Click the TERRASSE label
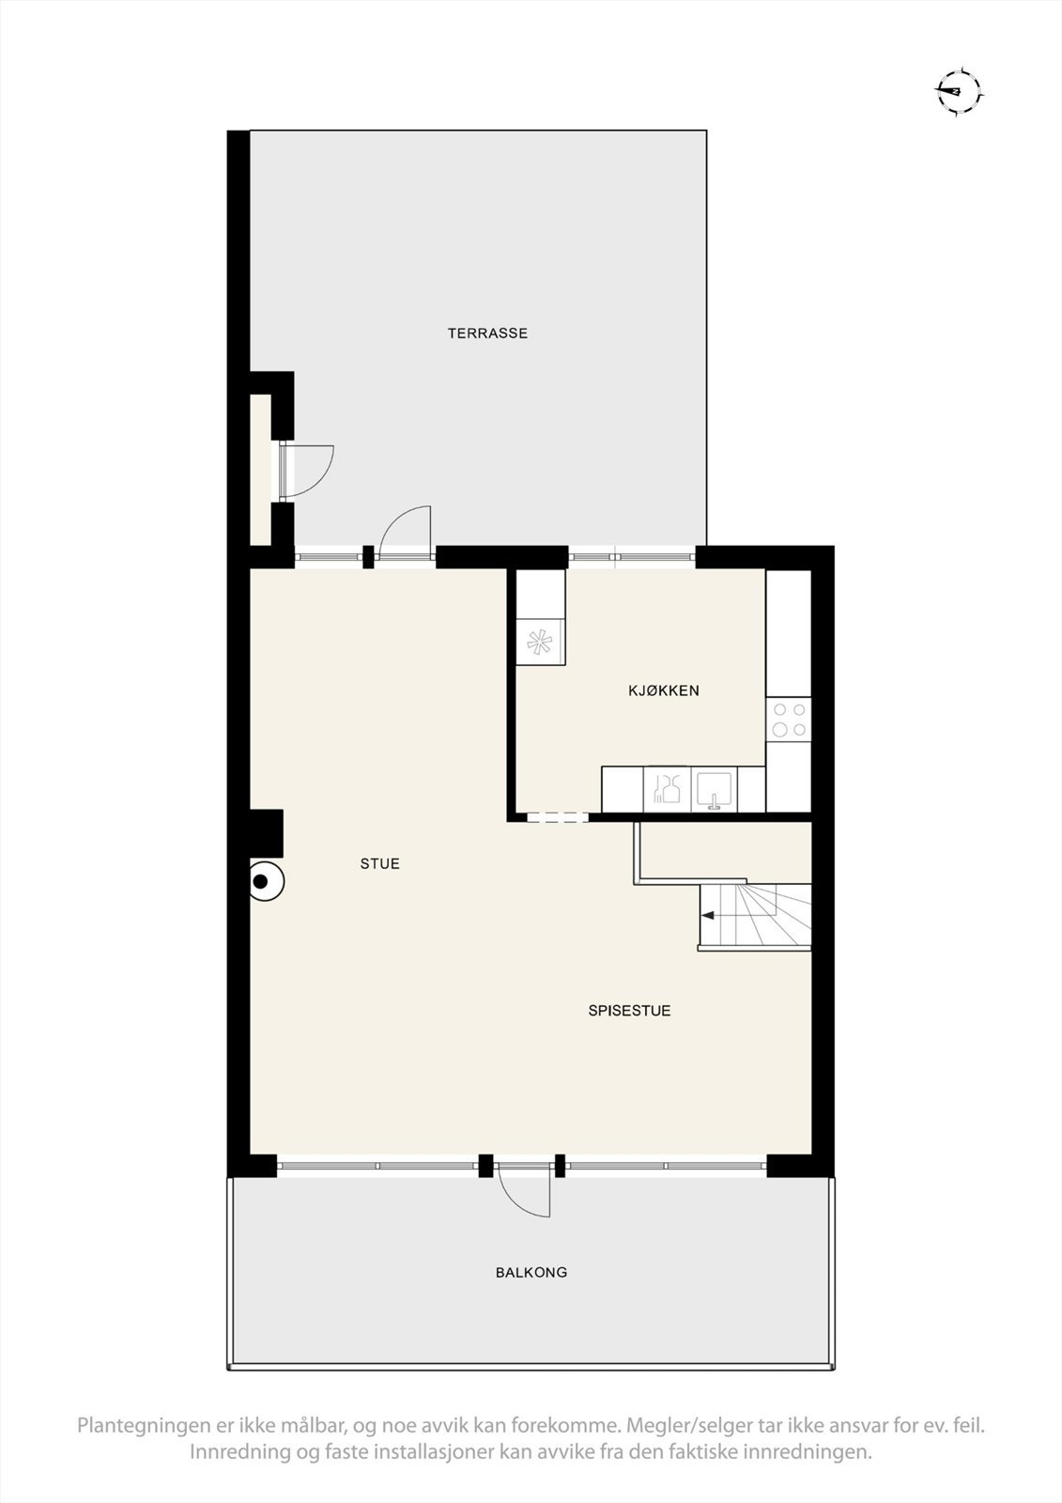tap(487, 333)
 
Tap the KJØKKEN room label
tap(664, 690)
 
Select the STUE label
tap(380, 863)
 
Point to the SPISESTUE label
tap(629, 1011)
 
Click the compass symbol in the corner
tap(958, 91)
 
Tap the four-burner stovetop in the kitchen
tap(789, 720)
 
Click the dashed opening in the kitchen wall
tap(557, 818)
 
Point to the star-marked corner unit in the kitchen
tap(540, 643)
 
